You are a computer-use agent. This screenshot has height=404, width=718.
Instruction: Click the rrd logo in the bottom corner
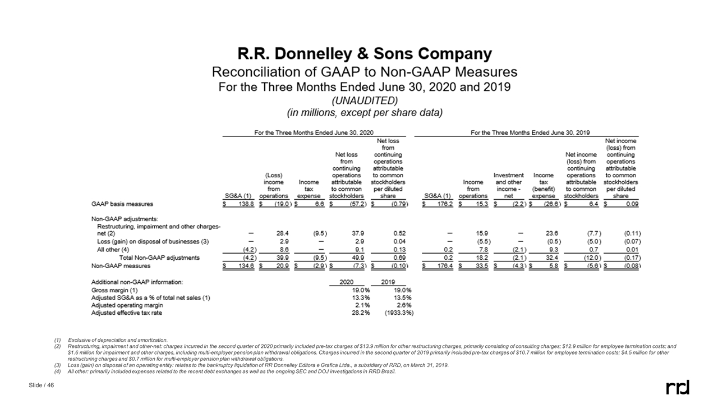(x=677, y=387)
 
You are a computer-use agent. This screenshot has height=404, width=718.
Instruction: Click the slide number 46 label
(x=41, y=384)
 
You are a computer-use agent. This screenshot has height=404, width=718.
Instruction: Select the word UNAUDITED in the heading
(x=364, y=100)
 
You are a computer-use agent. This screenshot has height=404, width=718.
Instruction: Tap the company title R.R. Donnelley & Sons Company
(x=365, y=54)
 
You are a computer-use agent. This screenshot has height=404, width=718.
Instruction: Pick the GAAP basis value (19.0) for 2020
(x=278, y=204)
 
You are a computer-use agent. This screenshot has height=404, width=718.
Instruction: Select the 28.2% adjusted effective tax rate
(x=360, y=313)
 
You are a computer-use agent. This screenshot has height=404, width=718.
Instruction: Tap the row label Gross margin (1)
(x=113, y=290)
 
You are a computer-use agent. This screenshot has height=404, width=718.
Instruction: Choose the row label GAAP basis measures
(x=122, y=204)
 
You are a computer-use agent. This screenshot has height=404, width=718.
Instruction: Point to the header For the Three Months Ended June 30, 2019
(x=530, y=132)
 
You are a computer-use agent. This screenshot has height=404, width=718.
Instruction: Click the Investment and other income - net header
(x=508, y=186)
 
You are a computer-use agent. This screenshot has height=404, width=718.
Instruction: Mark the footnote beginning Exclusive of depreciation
(x=117, y=341)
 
